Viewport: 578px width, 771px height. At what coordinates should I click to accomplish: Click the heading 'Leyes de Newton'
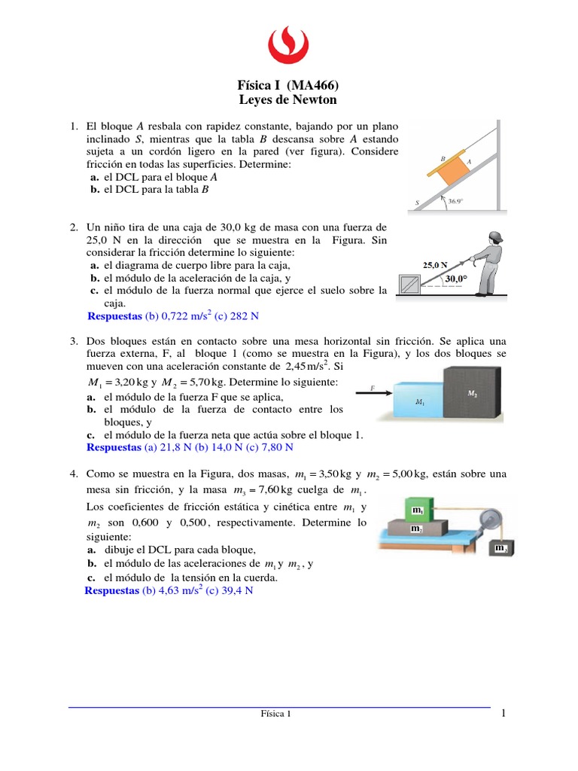[x=288, y=100]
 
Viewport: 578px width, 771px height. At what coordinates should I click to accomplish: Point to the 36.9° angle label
[x=477, y=202]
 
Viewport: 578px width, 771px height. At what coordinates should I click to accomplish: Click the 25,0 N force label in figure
[x=435, y=265]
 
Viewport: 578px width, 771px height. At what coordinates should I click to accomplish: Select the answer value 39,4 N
[x=237, y=591]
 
